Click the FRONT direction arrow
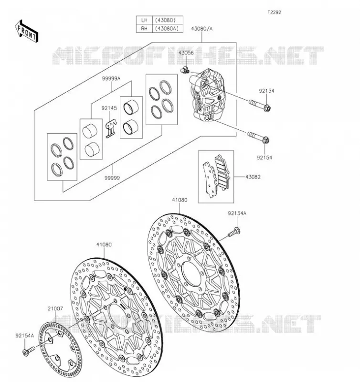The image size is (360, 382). (27, 32)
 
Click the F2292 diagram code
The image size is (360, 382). (274, 12)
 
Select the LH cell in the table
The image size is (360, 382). (144, 20)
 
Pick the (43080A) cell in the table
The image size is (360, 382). (167, 29)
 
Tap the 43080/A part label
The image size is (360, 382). (201, 29)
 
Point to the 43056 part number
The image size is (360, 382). (186, 53)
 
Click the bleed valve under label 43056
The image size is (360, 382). (185, 70)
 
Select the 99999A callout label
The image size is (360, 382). (111, 78)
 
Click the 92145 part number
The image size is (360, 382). (109, 108)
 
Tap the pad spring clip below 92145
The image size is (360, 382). (111, 128)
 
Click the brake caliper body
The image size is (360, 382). (207, 95)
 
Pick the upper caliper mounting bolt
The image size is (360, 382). (260, 105)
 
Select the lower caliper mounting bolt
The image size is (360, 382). (258, 138)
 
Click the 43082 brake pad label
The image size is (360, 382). (253, 177)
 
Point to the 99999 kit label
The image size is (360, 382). (112, 178)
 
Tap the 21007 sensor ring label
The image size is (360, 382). (55, 308)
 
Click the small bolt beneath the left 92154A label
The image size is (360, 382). (29, 351)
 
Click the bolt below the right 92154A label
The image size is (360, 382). (234, 232)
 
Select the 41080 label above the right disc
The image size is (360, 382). (180, 200)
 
